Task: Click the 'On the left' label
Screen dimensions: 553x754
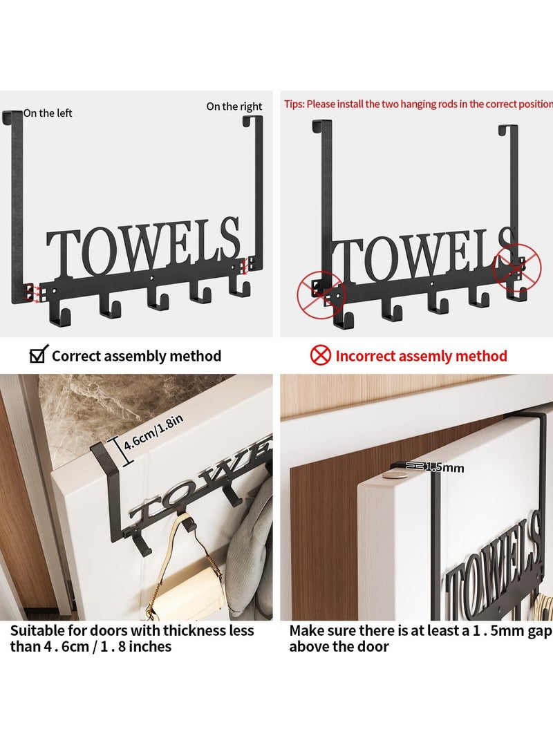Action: (48, 113)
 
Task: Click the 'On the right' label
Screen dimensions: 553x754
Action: (234, 106)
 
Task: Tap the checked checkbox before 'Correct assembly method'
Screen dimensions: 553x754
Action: (37, 356)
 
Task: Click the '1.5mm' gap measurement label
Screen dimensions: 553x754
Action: (443, 468)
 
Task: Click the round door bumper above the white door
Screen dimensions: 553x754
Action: (396, 476)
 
